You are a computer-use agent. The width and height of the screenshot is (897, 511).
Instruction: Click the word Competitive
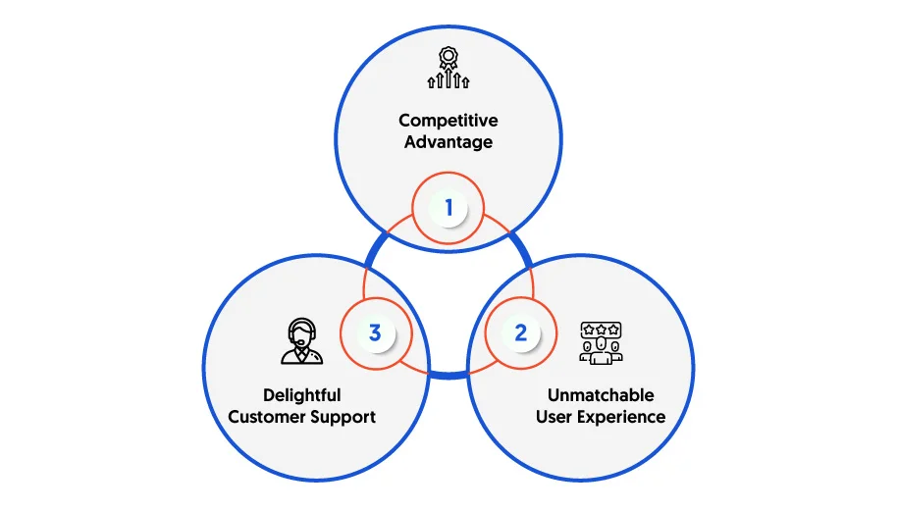tap(448, 122)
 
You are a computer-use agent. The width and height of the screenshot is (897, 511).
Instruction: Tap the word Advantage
tap(448, 142)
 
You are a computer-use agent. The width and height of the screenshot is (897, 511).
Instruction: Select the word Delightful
tap(301, 395)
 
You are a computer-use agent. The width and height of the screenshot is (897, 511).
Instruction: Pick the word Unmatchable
tap(601, 395)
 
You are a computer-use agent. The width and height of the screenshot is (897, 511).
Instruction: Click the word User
tap(554, 417)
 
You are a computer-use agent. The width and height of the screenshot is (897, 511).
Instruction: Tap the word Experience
tap(621, 418)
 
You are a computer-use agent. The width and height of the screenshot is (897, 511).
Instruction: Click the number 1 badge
tap(448, 208)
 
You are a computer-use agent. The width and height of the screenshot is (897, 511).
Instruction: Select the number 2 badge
tap(520, 332)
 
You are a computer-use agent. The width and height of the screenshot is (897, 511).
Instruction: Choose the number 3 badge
tap(375, 332)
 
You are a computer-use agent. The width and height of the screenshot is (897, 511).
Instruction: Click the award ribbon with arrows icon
tap(448, 68)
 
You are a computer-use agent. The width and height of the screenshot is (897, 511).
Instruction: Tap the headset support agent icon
tap(301, 341)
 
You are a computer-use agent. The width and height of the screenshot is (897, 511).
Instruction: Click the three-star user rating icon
tap(601, 343)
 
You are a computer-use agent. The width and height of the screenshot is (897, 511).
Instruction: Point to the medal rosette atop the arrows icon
tap(448, 58)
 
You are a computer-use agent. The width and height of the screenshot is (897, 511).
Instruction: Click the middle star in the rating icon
tap(601, 330)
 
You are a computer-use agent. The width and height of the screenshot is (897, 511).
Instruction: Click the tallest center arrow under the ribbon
tap(448, 78)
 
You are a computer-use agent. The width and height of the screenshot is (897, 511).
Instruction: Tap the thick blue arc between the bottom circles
tap(449, 375)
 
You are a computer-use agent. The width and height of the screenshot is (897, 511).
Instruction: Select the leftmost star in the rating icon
tap(588, 330)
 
